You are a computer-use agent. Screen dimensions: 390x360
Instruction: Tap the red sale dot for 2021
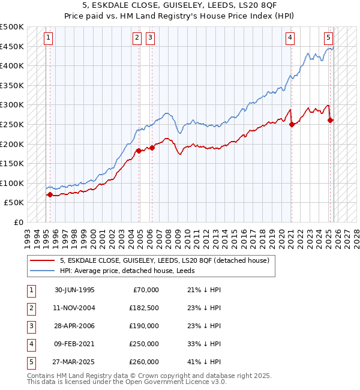[x=292, y=124]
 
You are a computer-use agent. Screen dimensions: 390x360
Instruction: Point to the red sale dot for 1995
[x=49, y=194]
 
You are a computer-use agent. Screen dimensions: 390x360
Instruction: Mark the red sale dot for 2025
[x=331, y=121]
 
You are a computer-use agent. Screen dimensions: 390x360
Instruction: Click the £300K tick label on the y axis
[x=12, y=105]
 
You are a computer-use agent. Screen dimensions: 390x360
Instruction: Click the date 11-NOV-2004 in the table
[x=74, y=308]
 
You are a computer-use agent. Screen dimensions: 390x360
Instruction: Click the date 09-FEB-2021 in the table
[x=74, y=344]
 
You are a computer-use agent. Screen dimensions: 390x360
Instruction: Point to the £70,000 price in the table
[x=145, y=290]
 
